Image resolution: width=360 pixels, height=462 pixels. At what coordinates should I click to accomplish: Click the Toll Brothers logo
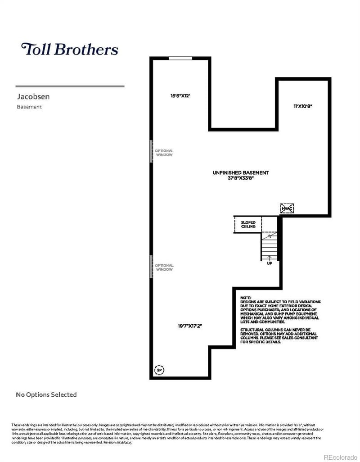(x=69, y=49)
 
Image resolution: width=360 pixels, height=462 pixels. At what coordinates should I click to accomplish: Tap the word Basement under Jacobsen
(x=29, y=107)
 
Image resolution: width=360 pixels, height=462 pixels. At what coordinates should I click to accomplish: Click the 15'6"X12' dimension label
(x=180, y=95)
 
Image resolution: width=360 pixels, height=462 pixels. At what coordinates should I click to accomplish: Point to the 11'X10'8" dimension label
(x=302, y=106)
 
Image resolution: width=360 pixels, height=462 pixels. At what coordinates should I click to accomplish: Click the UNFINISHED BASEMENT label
(x=241, y=172)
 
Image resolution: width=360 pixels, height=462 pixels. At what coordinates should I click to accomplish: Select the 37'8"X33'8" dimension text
(x=241, y=178)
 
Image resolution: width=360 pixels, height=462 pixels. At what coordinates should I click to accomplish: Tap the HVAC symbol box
(x=287, y=208)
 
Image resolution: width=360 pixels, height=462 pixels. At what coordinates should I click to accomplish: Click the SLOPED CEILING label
(x=248, y=225)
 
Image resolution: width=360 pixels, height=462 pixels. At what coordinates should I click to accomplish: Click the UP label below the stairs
(x=270, y=263)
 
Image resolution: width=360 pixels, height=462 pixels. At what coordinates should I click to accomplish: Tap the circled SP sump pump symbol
(x=159, y=370)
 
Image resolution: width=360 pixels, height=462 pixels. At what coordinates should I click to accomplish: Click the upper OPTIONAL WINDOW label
(x=164, y=153)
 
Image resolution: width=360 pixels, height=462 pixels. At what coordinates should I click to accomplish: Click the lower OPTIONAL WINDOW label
(x=164, y=267)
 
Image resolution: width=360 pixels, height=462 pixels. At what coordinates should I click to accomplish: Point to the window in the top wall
(x=180, y=58)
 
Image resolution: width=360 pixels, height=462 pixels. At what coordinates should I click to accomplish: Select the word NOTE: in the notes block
(x=246, y=298)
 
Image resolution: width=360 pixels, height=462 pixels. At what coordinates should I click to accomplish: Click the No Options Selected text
(x=46, y=395)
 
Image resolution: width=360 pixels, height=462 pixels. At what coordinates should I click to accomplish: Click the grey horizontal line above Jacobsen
(x=70, y=86)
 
